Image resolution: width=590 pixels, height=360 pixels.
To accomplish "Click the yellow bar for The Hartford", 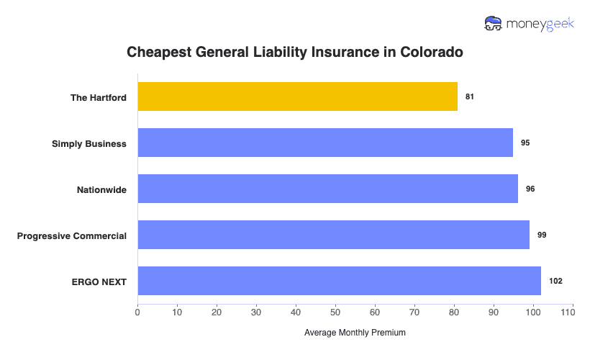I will (x=297, y=96).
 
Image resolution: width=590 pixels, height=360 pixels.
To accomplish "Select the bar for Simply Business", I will (x=325, y=143).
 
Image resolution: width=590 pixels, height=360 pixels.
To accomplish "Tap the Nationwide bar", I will (x=327, y=189).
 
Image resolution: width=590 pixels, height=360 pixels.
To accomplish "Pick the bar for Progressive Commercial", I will (x=333, y=235).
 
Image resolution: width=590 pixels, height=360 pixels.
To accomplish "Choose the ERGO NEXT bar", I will (x=339, y=281).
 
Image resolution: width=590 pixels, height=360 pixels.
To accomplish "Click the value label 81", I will (x=470, y=96).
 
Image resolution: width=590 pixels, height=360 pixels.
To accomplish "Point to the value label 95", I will (x=525, y=143).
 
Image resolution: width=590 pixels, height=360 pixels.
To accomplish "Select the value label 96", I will (x=530, y=189).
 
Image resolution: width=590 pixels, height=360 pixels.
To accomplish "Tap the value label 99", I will (x=542, y=235).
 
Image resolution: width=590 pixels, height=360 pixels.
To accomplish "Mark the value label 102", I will (x=555, y=281).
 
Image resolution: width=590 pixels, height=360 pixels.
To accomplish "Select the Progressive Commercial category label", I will (x=72, y=235).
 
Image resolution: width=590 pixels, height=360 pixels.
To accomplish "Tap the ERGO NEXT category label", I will (x=99, y=282).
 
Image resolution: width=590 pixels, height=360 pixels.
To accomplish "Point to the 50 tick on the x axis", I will (x=335, y=312).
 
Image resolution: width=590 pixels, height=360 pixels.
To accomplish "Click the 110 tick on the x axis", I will (x=573, y=312).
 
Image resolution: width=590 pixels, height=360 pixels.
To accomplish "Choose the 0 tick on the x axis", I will (x=137, y=312).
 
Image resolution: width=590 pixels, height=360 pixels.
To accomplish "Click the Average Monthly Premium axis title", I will (x=355, y=333).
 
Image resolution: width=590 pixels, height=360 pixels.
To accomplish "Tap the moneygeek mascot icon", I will (x=494, y=23).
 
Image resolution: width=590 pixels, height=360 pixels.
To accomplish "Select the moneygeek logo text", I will (x=540, y=23).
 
